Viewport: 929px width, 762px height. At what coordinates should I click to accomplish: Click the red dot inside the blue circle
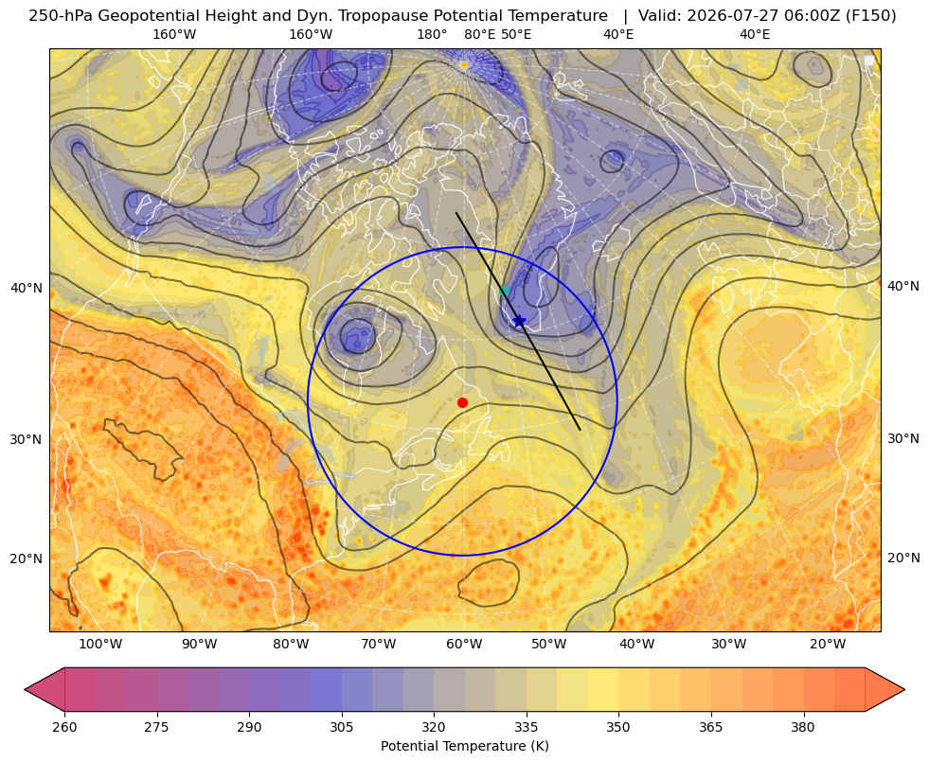pyautogui.click(x=463, y=402)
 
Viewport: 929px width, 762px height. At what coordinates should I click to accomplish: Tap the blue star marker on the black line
pyautogui.click(x=519, y=321)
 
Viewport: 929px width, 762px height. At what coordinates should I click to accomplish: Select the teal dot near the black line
pyautogui.click(x=504, y=291)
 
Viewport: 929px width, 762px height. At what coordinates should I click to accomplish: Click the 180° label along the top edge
pyautogui.click(x=432, y=34)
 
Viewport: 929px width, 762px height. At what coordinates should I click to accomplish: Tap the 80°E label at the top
pyautogui.click(x=480, y=34)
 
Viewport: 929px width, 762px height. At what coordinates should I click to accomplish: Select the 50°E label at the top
pyautogui.click(x=516, y=34)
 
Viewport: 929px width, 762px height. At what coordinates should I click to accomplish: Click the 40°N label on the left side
pyautogui.click(x=27, y=289)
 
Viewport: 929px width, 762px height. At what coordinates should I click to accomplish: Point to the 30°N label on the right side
pyautogui.click(x=903, y=438)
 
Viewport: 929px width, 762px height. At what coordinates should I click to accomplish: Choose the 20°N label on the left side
pyautogui.click(x=27, y=558)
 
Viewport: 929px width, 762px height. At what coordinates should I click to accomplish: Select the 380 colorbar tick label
pyautogui.click(x=803, y=727)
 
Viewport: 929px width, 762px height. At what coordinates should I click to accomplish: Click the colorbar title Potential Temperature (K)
pyautogui.click(x=464, y=746)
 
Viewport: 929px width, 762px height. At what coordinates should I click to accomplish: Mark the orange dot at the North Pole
pyautogui.click(x=464, y=64)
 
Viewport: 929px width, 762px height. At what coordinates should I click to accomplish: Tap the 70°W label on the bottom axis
pyautogui.click(x=379, y=644)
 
